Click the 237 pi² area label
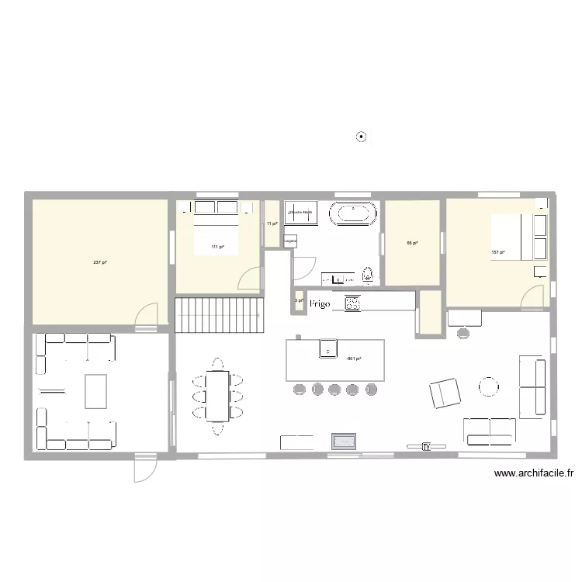coord(99,262)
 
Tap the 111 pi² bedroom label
coord(217,247)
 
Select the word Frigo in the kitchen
coord(320,304)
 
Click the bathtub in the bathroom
coord(355,213)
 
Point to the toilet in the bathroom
coord(368,273)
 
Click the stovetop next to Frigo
coord(353,303)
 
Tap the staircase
coord(217,314)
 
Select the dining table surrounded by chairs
coord(217,395)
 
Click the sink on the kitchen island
coord(328,348)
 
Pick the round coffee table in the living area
coord(489,386)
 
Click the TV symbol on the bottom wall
coord(426,446)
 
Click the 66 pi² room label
coord(412,243)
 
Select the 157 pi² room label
coord(497,252)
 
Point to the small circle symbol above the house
coord(361,137)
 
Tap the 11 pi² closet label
coord(272,223)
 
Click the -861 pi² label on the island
coord(354,359)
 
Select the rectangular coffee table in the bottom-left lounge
coord(95,391)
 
